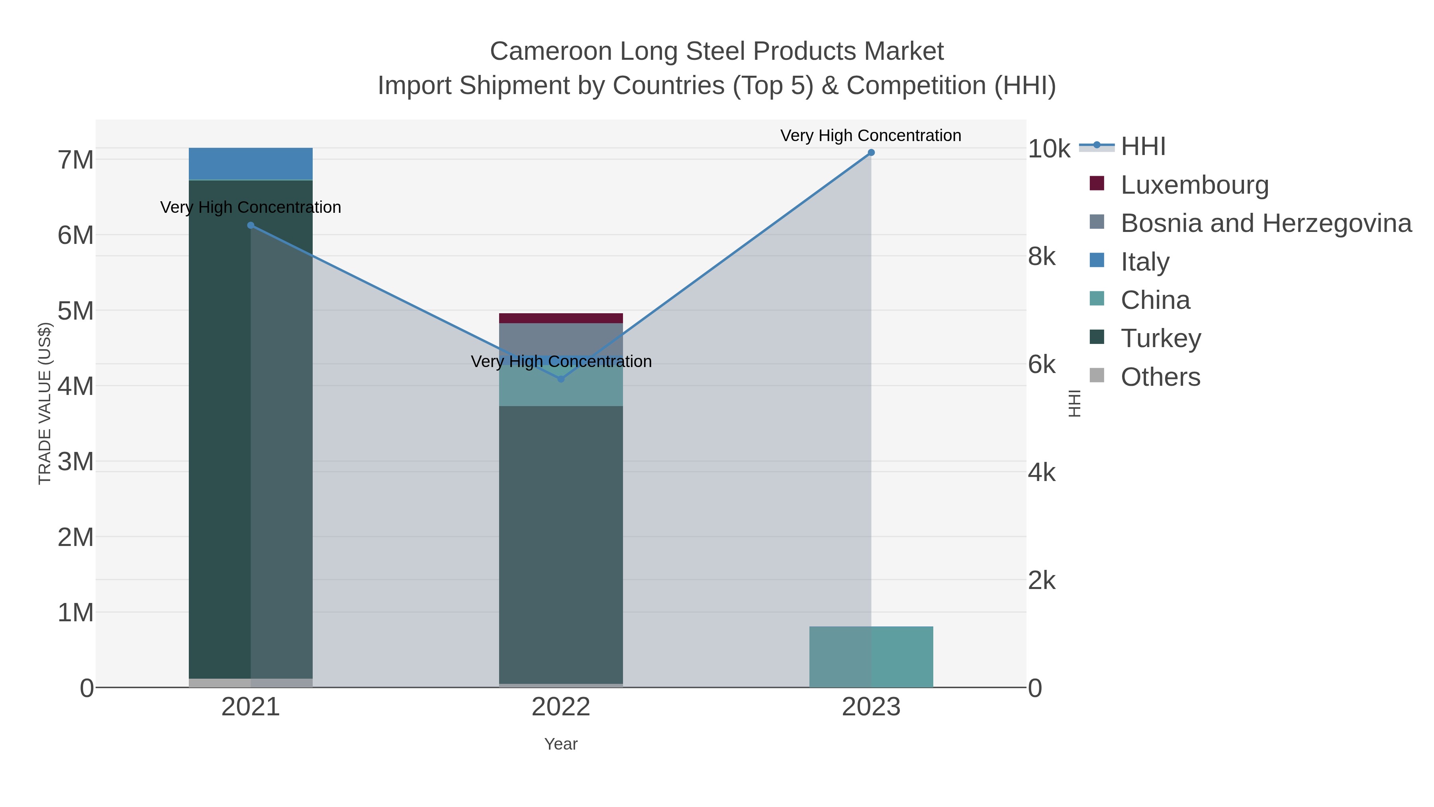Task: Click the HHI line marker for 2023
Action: (871, 153)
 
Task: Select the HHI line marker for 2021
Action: (251, 226)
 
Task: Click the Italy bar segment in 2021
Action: (251, 164)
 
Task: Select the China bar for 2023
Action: (871, 657)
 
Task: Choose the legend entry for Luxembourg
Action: (1194, 185)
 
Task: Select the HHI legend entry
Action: (1142, 147)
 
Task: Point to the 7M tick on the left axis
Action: (76, 160)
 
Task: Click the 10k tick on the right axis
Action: (1049, 149)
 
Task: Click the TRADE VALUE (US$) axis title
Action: (45, 403)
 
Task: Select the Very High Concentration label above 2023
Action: (871, 135)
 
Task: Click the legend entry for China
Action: (1155, 300)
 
